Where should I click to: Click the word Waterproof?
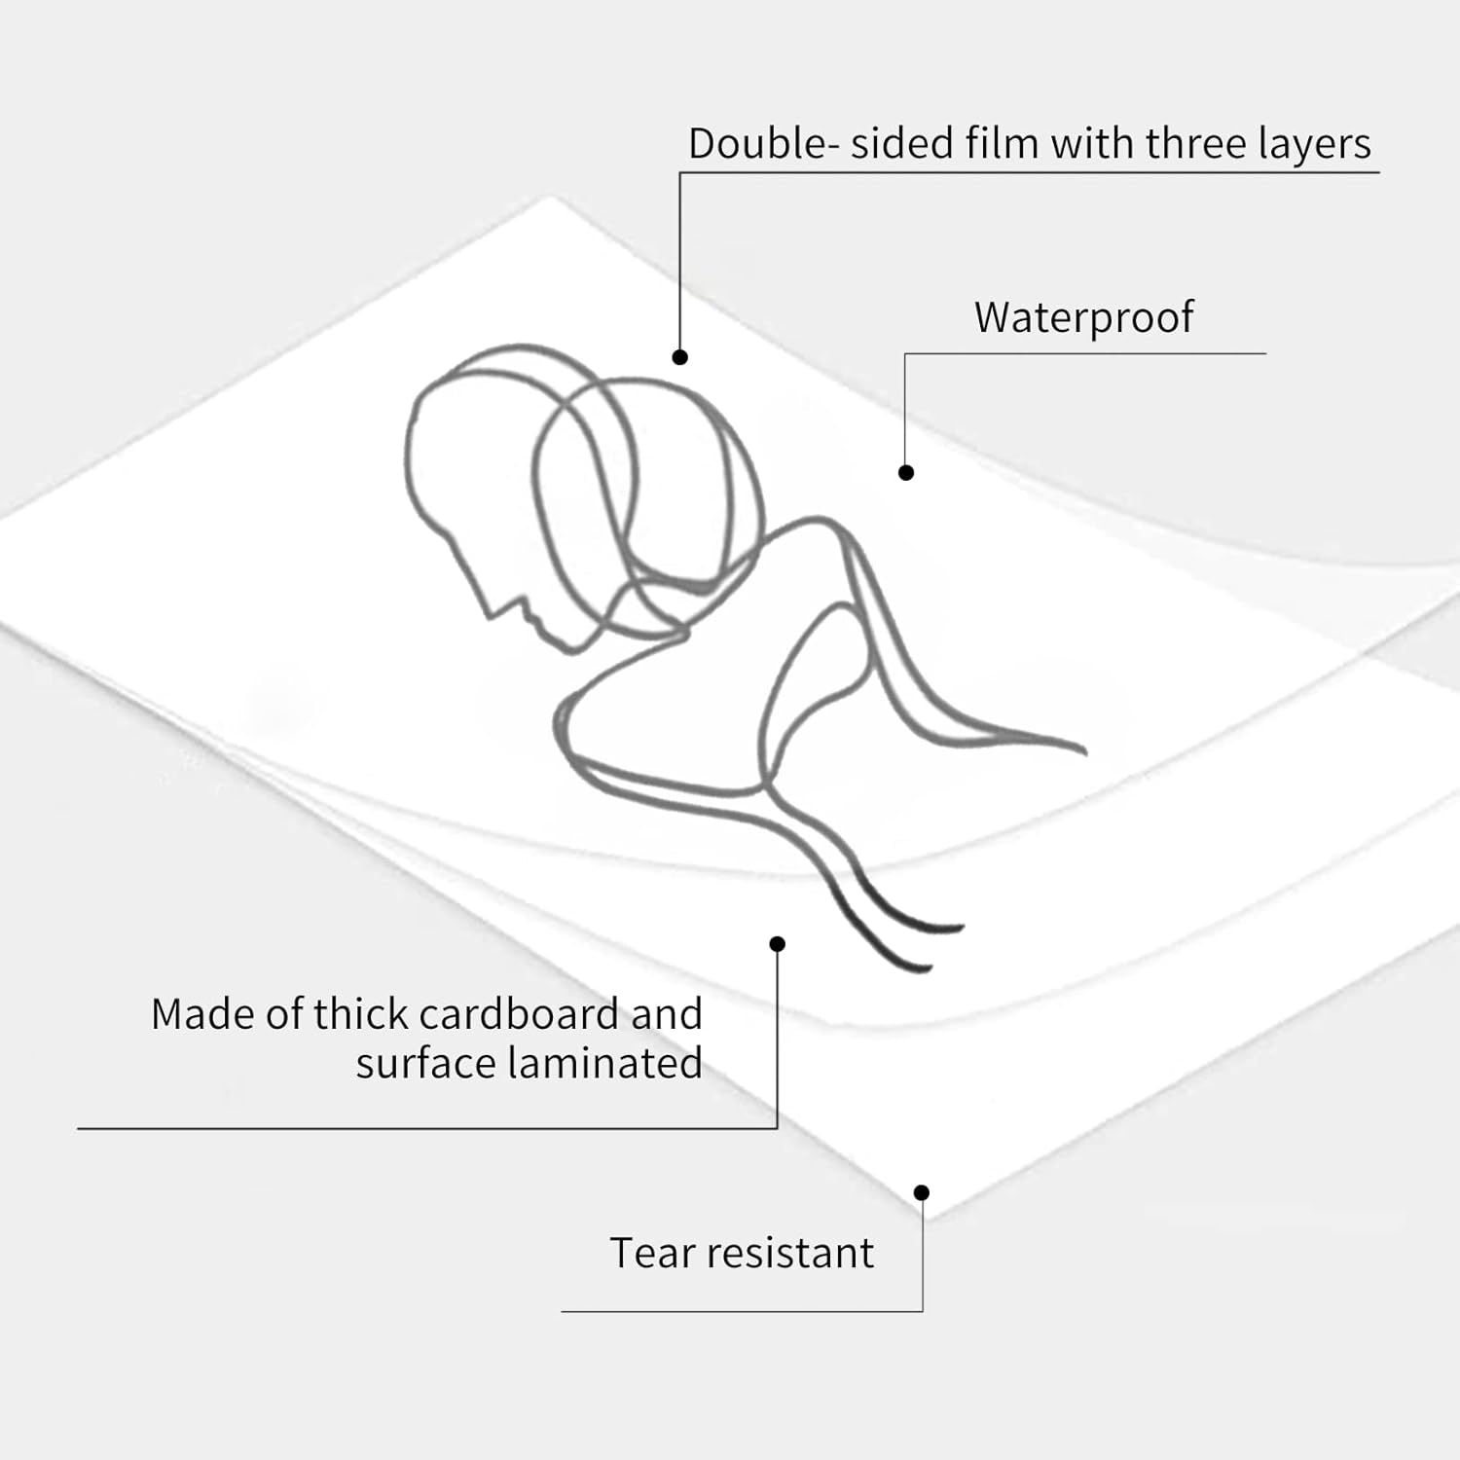tap(1083, 317)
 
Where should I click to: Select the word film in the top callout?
tap(1003, 144)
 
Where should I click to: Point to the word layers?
tap(1314, 144)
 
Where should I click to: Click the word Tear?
tap(651, 1253)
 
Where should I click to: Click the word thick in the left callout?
tap(359, 1014)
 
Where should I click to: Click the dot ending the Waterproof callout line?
tap(906, 473)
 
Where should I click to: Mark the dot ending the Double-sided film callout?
tap(680, 357)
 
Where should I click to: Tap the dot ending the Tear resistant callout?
tap(922, 1192)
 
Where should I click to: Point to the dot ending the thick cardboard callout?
tap(777, 944)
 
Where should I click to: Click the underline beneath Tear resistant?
tap(740, 1311)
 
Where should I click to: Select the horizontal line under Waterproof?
tap(1085, 353)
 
